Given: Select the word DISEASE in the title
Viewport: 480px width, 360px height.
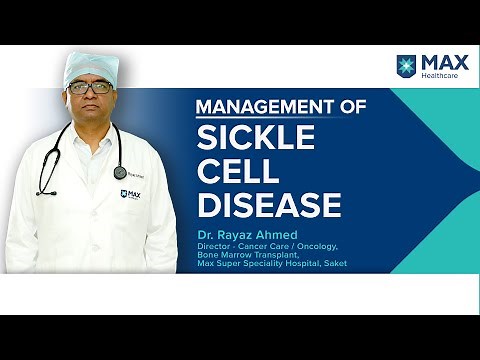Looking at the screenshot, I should [x=269, y=205].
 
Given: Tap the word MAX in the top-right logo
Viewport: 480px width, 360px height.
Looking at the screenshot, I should [x=439, y=62].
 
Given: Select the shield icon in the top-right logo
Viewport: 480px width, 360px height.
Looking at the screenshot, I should [x=406, y=66].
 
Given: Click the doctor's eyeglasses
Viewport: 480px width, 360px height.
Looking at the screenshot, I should [x=90, y=88].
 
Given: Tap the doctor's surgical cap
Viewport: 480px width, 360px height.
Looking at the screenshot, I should [x=90, y=65].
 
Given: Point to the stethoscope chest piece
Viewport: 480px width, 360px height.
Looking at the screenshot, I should [x=120, y=171].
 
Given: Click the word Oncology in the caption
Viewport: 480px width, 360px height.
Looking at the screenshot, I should [x=317, y=245].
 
